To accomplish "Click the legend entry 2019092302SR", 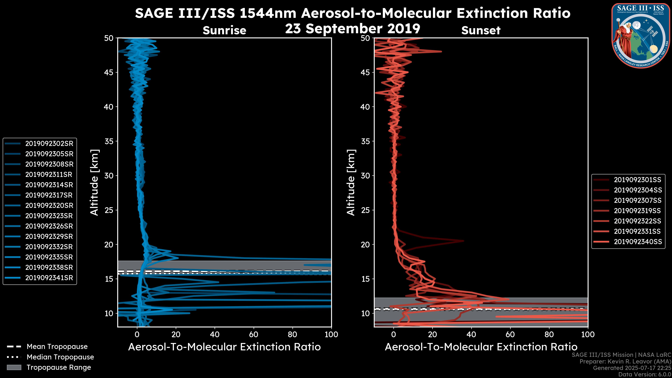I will click(x=49, y=144).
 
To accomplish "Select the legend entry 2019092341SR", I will click(x=49, y=278).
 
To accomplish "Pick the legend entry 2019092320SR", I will click(x=49, y=206).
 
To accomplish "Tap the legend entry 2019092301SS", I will click(x=638, y=180).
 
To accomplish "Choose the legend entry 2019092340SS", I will click(x=638, y=242).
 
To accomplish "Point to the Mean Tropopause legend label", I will click(x=57, y=347).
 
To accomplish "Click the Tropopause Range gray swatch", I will click(x=14, y=367).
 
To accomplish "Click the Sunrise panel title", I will click(x=224, y=30).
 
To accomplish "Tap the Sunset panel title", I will click(x=481, y=30).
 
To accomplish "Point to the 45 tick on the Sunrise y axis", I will click(x=109, y=72).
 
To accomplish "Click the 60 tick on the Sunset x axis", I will click(x=510, y=334).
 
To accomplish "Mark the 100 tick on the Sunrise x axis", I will click(x=331, y=334).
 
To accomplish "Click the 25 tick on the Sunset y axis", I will click(x=365, y=210).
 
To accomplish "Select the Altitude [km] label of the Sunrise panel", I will click(x=94, y=182).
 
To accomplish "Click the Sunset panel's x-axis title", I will click(x=481, y=347).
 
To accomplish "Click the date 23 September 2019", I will click(x=352, y=29).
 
